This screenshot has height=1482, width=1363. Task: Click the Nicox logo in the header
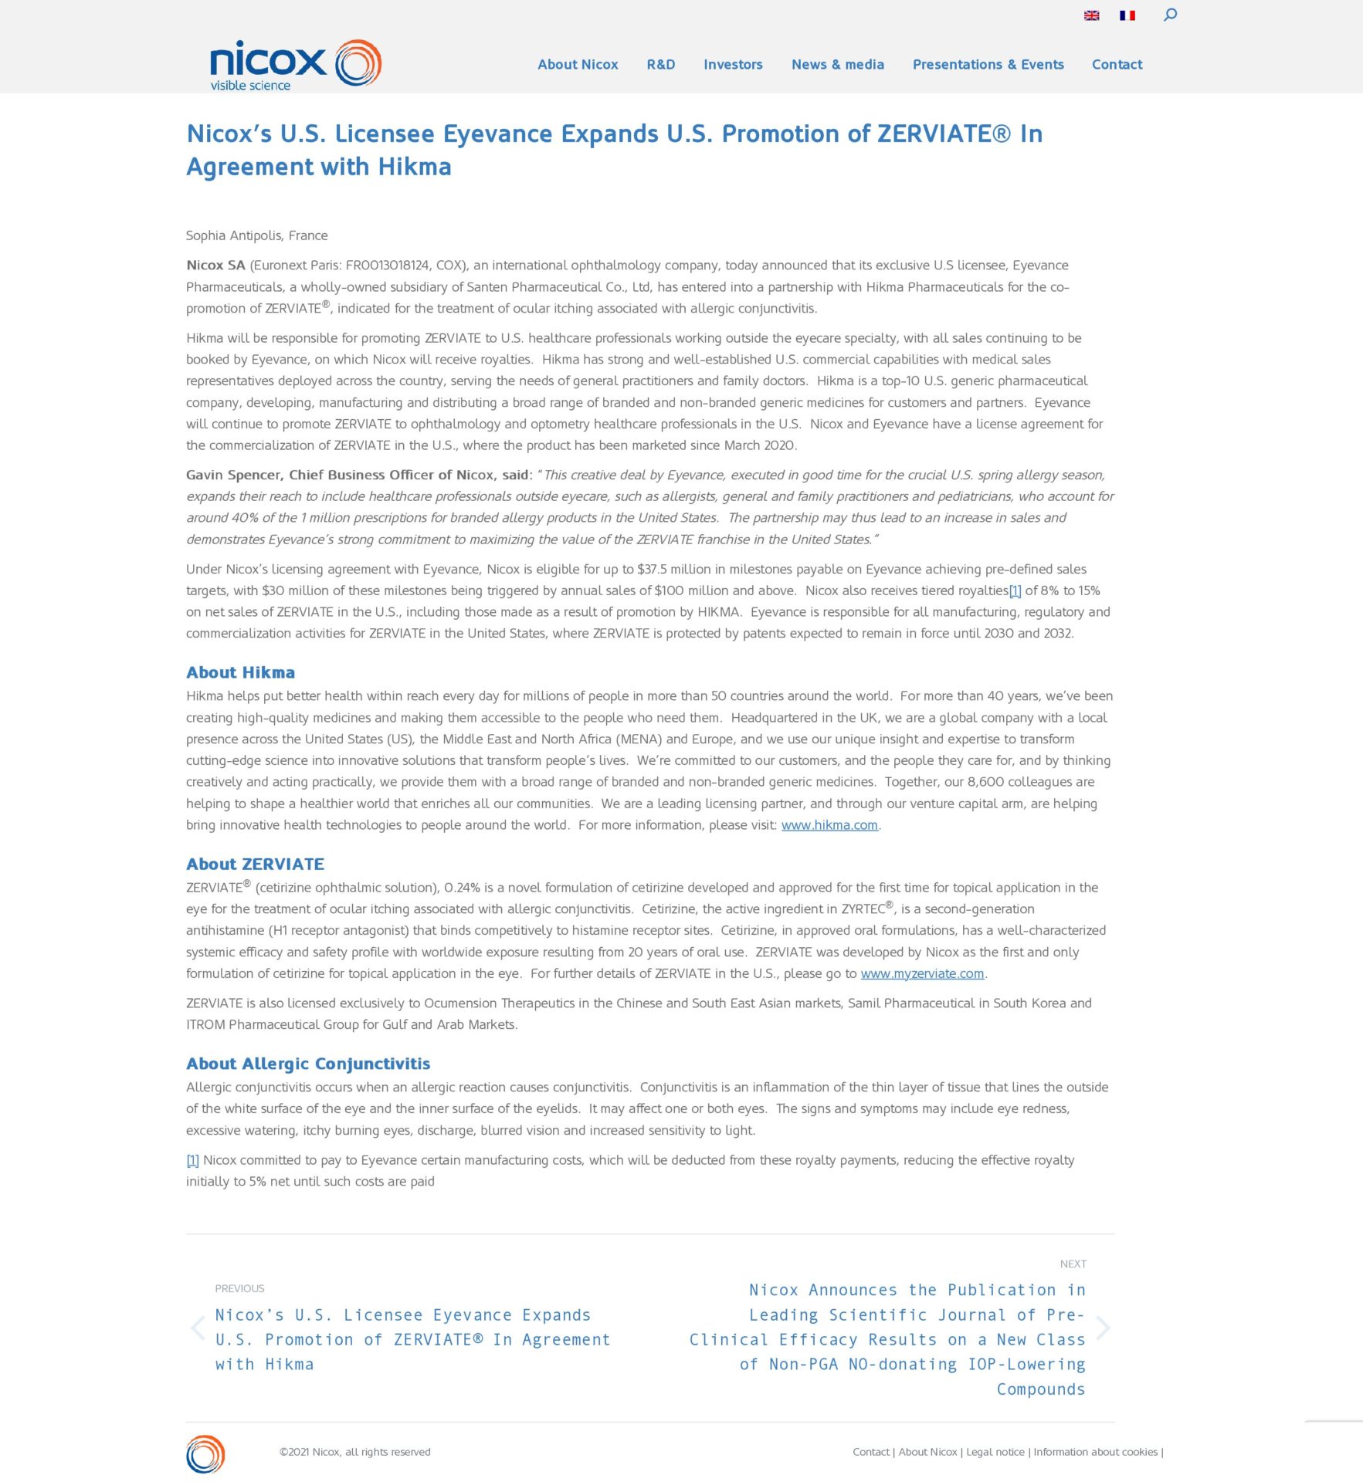(x=295, y=64)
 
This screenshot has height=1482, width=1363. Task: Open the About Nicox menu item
(x=578, y=65)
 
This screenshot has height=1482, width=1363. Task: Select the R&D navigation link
(x=660, y=65)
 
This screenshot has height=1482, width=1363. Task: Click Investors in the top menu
(x=733, y=65)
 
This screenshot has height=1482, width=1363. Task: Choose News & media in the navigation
(x=837, y=65)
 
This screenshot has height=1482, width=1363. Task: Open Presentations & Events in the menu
(x=988, y=65)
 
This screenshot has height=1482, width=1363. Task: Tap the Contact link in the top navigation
(x=1117, y=65)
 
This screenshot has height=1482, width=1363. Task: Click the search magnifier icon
(x=1170, y=15)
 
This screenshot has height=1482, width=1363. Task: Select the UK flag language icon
(x=1091, y=15)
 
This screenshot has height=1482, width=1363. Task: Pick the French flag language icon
(x=1127, y=15)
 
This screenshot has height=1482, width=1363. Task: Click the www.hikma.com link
(x=829, y=825)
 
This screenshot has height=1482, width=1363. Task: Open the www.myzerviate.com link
(x=922, y=973)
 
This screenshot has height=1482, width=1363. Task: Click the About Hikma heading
(x=240, y=672)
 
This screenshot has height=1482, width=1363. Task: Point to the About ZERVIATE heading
(x=255, y=864)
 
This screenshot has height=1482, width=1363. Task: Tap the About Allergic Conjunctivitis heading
(x=308, y=1064)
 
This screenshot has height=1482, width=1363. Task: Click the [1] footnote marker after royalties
(x=1015, y=590)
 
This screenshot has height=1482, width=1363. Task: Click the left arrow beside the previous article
(x=198, y=1328)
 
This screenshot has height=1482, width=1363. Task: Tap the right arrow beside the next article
(x=1103, y=1328)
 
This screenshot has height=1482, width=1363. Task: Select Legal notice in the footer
(x=995, y=1452)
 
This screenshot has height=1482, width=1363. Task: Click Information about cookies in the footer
(x=1096, y=1452)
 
